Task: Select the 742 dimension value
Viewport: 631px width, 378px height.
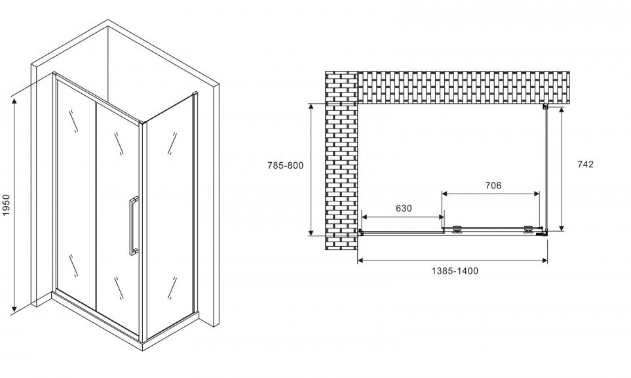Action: [x=585, y=165]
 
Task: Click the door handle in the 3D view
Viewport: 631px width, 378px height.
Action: [x=134, y=224]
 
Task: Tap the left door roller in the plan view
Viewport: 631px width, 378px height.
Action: [x=457, y=230]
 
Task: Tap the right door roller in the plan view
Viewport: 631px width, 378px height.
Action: [x=527, y=230]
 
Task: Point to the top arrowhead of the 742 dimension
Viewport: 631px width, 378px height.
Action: [x=562, y=111]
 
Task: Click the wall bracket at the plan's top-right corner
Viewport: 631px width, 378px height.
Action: [x=545, y=106]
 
